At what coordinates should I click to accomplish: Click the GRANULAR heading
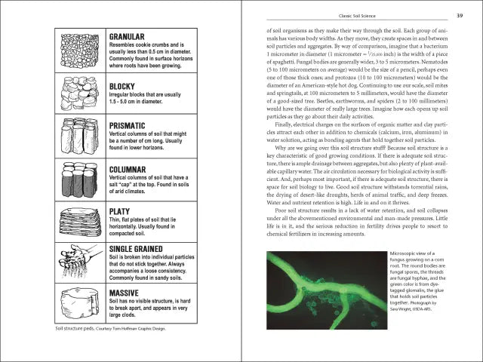click(x=128, y=36)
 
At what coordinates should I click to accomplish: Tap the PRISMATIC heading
click(x=131, y=125)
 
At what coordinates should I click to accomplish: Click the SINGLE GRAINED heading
click(x=141, y=248)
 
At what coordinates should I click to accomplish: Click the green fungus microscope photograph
click(x=325, y=290)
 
